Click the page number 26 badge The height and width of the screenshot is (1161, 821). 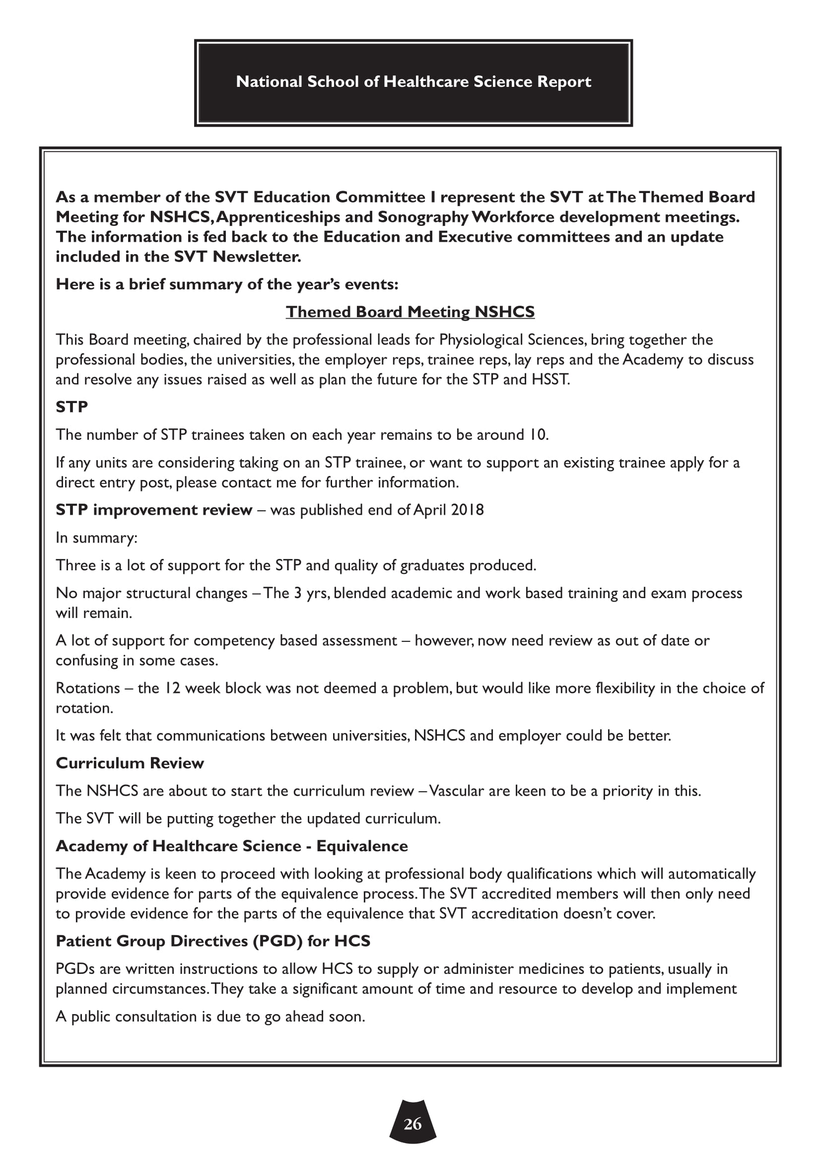[x=412, y=1124]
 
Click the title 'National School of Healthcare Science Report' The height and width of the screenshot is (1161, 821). [x=413, y=82]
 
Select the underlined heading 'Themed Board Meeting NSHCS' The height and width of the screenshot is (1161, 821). [x=410, y=312]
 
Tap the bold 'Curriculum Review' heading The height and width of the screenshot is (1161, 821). [x=130, y=763]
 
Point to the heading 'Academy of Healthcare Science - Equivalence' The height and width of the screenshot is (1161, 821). [x=231, y=846]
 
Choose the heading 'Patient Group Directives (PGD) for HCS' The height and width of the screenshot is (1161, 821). [x=213, y=941]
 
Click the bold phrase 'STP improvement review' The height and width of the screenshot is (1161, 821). [x=154, y=510]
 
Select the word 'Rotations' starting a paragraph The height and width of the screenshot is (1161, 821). [x=88, y=688]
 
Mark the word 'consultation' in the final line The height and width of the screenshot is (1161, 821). [x=156, y=1017]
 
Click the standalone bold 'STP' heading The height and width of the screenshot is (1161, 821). [x=72, y=407]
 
